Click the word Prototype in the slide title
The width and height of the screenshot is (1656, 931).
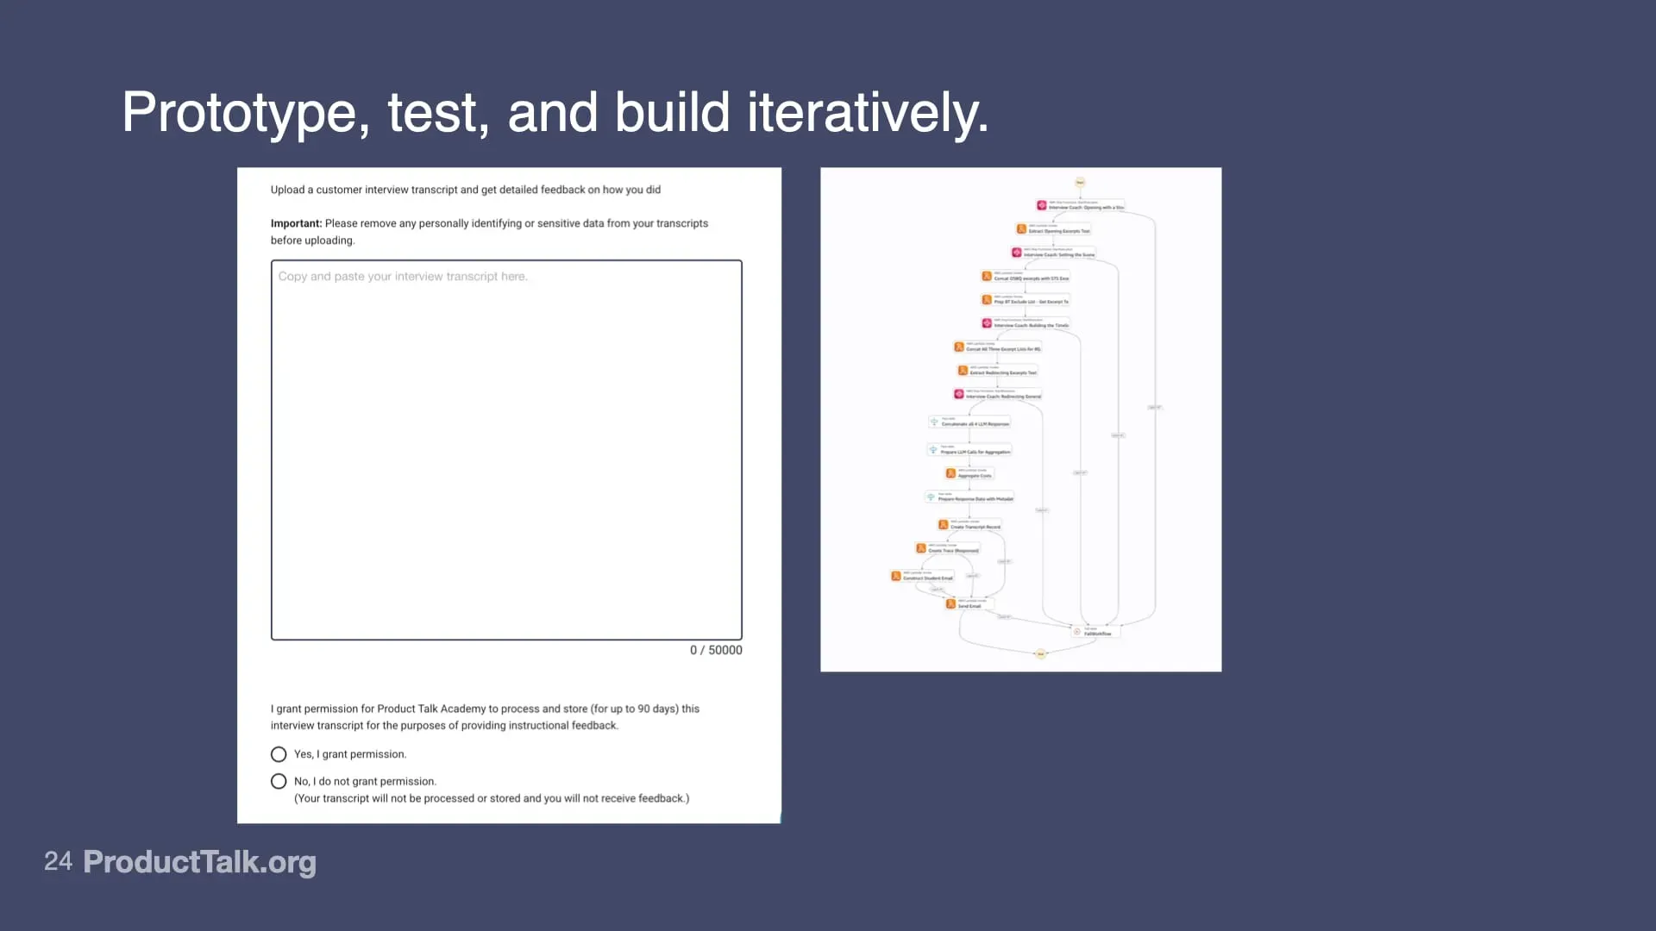point(239,113)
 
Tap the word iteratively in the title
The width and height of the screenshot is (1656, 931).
point(867,113)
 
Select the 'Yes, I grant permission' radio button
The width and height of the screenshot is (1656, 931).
point(279,754)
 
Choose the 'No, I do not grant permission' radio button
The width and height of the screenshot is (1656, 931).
point(279,781)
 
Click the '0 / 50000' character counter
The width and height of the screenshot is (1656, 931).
point(715,650)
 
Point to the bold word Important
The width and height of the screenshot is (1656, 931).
point(296,223)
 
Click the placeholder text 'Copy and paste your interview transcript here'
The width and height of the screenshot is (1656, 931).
point(403,277)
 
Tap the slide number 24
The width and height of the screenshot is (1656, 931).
point(58,861)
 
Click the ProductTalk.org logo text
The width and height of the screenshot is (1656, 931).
point(199,861)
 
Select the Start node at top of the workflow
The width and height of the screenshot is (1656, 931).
point(1079,182)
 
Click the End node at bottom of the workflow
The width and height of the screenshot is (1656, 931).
point(1040,654)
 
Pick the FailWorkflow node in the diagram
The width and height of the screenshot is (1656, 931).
point(1095,632)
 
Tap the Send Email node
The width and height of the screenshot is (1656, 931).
point(968,604)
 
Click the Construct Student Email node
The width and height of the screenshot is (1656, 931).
point(924,577)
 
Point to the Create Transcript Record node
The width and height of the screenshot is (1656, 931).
point(971,525)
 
